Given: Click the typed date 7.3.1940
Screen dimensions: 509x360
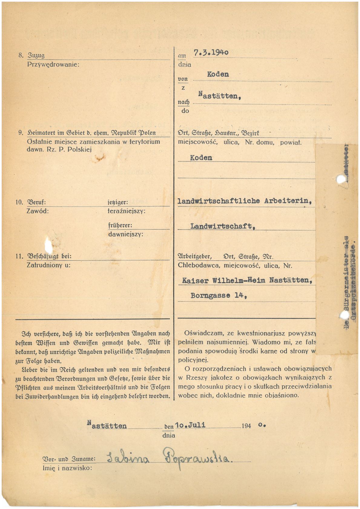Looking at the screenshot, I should (211, 52).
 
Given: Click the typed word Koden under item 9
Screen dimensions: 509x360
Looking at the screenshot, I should (201, 158).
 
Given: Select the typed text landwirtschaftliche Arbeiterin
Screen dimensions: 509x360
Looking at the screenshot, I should (244, 201).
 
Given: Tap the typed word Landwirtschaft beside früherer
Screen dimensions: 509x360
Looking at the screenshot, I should (223, 226).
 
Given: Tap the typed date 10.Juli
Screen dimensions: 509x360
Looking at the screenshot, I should (190, 425).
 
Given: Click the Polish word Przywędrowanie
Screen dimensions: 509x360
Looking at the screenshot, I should (53, 64).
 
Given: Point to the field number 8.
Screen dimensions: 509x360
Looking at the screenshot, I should (21, 55).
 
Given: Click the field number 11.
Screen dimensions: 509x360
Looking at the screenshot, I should (19, 256).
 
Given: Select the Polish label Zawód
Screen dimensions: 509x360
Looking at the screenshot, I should (38, 211).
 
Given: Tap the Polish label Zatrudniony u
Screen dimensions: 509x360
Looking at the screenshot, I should (48, 265).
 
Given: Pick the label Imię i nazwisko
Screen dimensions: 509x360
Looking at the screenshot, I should (67, 468).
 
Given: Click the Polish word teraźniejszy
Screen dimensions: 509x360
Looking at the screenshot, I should (127, 211).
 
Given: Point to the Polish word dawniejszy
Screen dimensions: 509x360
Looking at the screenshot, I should (126, 234).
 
